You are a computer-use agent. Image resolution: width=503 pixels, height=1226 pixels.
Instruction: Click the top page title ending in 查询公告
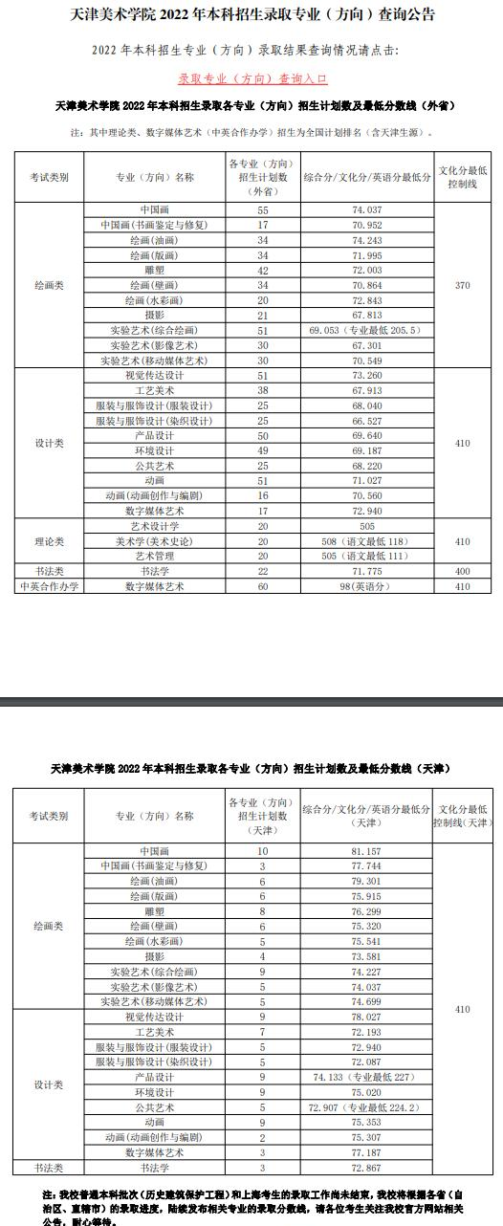click(252, 15)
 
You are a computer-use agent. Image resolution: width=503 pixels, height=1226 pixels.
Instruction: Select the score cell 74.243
click(367, 240)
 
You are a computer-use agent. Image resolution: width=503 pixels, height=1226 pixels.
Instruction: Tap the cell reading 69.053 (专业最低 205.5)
click(367, 330)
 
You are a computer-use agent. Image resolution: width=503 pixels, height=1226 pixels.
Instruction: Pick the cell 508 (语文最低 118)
click(367, 541)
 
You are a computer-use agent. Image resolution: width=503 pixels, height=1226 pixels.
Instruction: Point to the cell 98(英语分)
click(367, 586)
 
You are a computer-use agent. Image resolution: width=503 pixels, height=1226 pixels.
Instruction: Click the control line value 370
click(464, 285)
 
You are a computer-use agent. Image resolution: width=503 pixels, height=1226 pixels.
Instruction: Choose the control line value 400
click(464, 571)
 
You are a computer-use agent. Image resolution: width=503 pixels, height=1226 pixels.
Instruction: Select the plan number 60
click(262, 586)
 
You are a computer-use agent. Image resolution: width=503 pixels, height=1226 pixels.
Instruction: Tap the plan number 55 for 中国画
click(262, 209)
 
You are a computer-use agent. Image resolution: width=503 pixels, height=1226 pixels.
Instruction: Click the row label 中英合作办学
click(49, 586)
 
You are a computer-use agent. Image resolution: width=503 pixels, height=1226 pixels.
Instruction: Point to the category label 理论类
click(49, 541)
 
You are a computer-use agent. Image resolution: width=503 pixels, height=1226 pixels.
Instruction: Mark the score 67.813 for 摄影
click(367, 315)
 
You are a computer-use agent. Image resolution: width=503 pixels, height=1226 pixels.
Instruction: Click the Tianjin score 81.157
click(367, 850)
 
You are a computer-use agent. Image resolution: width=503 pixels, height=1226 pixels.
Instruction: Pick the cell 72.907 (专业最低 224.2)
click(367, 1106)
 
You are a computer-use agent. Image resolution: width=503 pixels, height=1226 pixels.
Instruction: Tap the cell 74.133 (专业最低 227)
click(367, 1077)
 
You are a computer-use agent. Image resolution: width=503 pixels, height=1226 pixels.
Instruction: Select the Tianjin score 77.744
click(367, 865)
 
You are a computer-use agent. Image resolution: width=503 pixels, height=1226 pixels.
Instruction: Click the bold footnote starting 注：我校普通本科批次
click(252, 1207)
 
